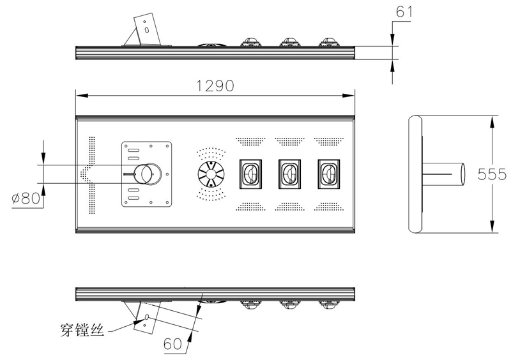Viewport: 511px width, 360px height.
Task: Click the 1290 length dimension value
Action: click(215, 86)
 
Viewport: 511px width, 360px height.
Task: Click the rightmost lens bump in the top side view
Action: click(329, 43)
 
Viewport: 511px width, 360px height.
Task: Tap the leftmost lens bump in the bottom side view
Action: click(250, 304)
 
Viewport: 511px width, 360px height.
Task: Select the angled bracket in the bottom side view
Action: click(143, 317)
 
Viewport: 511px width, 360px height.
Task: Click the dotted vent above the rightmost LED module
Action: click(328, 140)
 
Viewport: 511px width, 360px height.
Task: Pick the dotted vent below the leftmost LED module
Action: click(249, 206)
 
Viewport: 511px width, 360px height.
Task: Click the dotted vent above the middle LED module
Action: click(289, 140)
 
